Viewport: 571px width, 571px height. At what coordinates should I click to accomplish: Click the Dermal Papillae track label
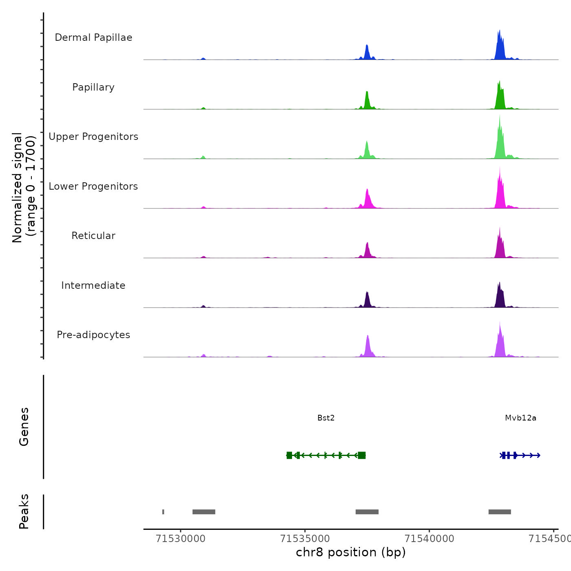[93, 38]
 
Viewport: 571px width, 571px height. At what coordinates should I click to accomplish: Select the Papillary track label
[93, 87]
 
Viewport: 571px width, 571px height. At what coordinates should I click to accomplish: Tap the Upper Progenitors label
[93, 137]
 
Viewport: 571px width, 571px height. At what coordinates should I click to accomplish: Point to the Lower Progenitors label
[93, 186]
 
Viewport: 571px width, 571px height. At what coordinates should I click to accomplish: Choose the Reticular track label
[93, 236]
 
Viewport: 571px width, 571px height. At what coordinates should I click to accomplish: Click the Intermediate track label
[93, 285]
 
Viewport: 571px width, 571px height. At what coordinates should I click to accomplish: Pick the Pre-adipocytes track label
[93, 335]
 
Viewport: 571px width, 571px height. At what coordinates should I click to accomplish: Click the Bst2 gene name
[326, 418]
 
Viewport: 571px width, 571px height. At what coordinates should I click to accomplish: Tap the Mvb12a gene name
[520, 418]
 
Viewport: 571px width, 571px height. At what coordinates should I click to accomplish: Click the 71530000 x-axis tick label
[181, 539]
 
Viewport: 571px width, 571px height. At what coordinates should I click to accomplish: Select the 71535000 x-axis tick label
[305, 539]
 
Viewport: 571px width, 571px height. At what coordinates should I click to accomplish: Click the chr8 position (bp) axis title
[351, 552]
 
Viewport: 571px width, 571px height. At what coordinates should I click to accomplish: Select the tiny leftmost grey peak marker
[163, 512]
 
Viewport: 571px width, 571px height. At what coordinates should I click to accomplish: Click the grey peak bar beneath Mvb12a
[500, 512]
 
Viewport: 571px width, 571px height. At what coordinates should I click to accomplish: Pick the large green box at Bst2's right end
[361, 455]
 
